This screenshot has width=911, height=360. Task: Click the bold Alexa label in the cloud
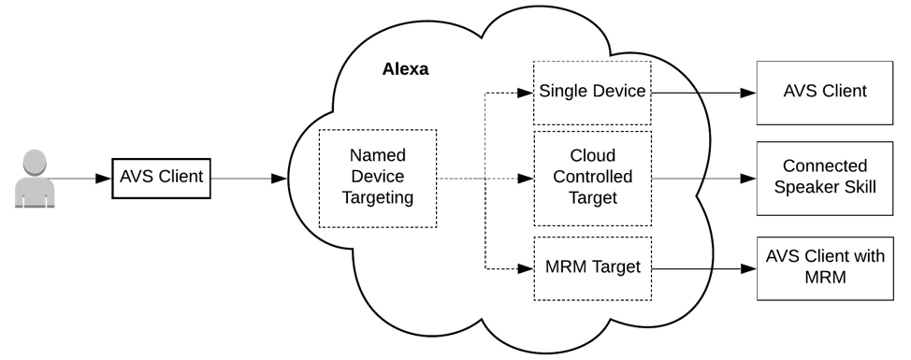pyautogui.click(x=405, y=69)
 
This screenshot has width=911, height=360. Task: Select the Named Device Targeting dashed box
pyautogui.click(x=377, y=177)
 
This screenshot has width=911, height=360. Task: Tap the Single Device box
pyautogui.click(x=591, y=92)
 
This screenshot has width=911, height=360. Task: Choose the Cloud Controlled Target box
pyautogui.click(x=591, y=178)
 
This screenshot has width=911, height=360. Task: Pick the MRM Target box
pyautogui.click(x=591, y=267)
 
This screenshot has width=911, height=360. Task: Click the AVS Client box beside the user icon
pyautogui.click(x=161, y=177)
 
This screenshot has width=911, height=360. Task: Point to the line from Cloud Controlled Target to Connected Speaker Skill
pyautogui.click(x=703, y=178)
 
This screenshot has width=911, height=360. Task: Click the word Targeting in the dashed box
pyautogui.click(x=377, y=197)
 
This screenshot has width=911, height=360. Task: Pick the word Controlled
pyautogui.click(x=591, y=177)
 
